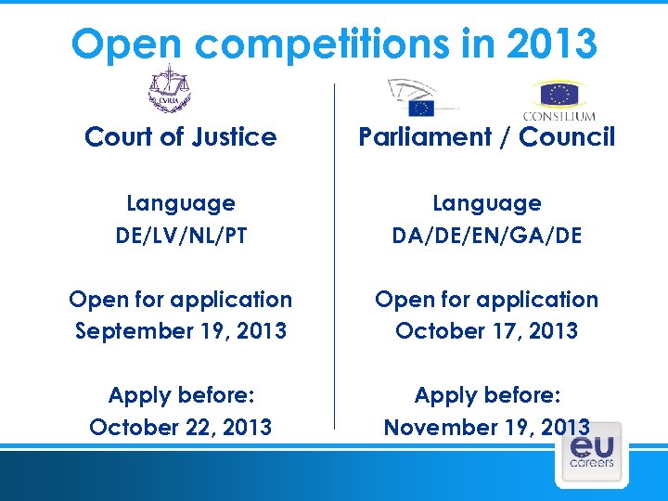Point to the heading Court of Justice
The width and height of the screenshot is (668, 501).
pyautogui.click(x=180, y=137)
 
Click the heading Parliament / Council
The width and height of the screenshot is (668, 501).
pyautogui.click(x=486, y=137)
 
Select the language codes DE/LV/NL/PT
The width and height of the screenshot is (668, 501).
pyautogui.click(x=181, y=235)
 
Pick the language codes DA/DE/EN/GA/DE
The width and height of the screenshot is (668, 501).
pyautogui.click(x=486, y=235)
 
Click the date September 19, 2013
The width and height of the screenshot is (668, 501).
pyautogui.click(x=181, y=331)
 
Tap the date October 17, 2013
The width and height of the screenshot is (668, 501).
pyautogui.click(x=486, y=331)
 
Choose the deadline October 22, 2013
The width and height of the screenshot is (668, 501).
pyautogui.click(x=181, y=427)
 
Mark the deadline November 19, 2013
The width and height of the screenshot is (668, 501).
pyautogui.click(x=486, y=427)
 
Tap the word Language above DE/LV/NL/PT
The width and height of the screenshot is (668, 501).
pyautogui.click(x=181, y=203)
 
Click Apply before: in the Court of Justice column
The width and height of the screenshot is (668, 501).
pyautogui.click(x=181, y=395)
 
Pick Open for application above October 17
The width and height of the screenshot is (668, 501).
pyautogui.click(x=486, y=300)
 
